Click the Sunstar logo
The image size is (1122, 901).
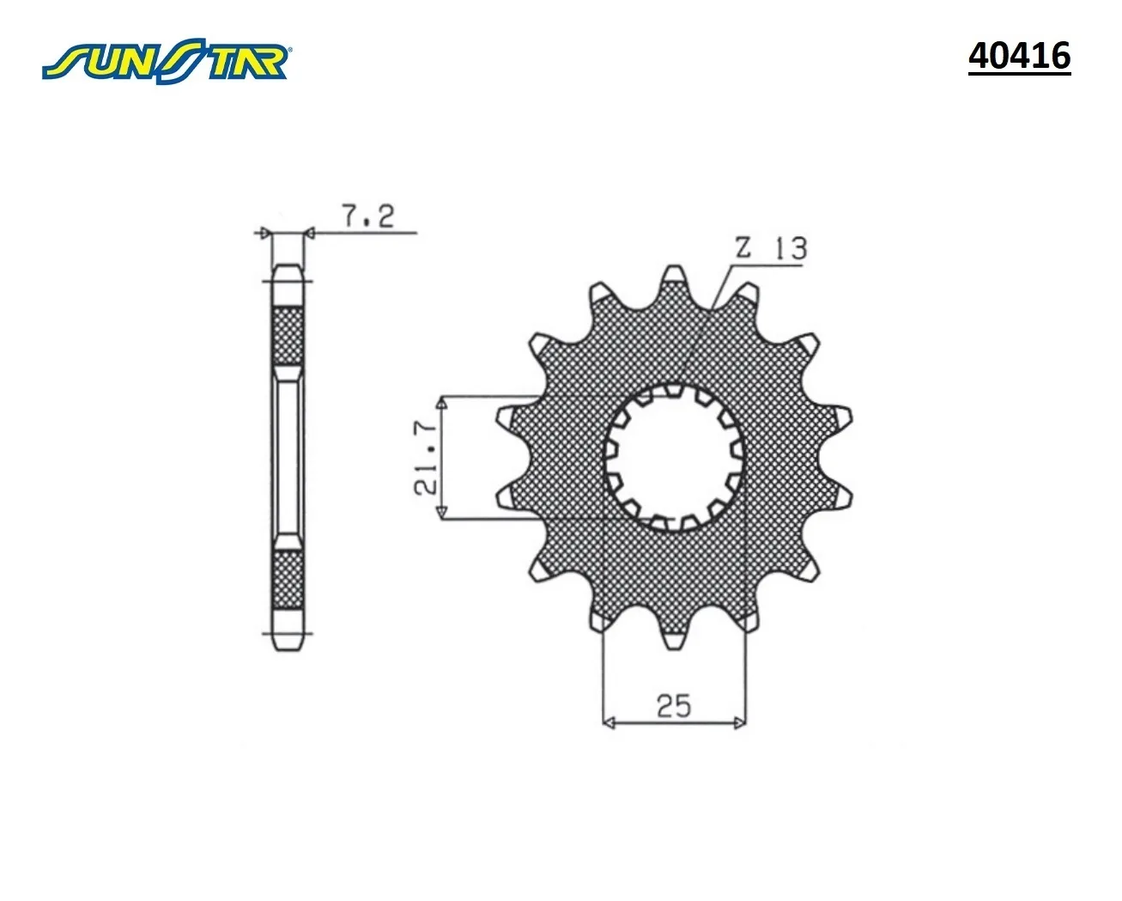pos(166,60)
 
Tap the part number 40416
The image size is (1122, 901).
pos(1019,56)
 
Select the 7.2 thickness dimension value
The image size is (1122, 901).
pos(368,216)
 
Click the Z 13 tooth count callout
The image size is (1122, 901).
pos(771,248)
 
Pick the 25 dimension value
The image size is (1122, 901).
pos(674,706)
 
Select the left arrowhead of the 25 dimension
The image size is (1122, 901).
pos(609,723)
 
